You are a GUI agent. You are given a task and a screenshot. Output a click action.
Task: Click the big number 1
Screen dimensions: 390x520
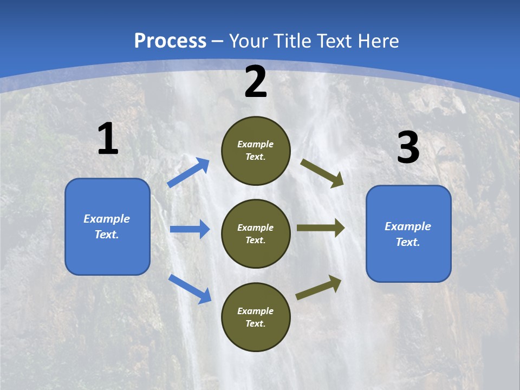tap(108, 139)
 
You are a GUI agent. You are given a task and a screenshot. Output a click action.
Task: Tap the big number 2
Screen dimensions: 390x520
tap(256, 82)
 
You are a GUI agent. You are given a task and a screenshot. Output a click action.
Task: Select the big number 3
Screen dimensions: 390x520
tap(408, 148)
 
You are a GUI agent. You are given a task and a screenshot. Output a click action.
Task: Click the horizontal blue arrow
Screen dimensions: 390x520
tap(190, 229)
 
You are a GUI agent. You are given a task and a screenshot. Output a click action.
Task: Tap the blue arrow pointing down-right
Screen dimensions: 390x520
tap(190, 288)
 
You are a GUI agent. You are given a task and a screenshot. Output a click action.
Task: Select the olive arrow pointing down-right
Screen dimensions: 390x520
tap(322, 173)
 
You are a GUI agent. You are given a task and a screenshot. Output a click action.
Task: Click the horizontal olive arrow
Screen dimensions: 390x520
tap(321, 228)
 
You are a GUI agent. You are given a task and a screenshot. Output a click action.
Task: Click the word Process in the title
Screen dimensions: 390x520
tap(170, 41)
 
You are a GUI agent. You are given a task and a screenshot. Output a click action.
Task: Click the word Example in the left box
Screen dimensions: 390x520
tap(107, 219)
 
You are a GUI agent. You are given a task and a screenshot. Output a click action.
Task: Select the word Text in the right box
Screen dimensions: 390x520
tap(407, 242)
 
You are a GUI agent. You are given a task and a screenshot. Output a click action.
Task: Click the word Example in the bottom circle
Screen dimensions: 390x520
tap(256, 311)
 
